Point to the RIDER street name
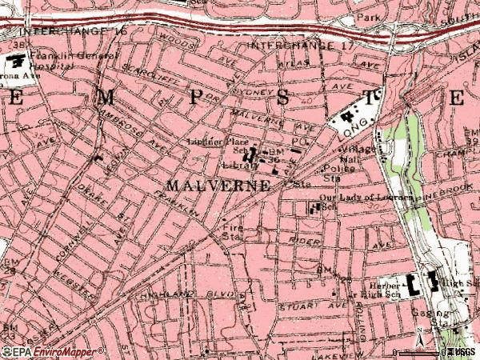point(306,239)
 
